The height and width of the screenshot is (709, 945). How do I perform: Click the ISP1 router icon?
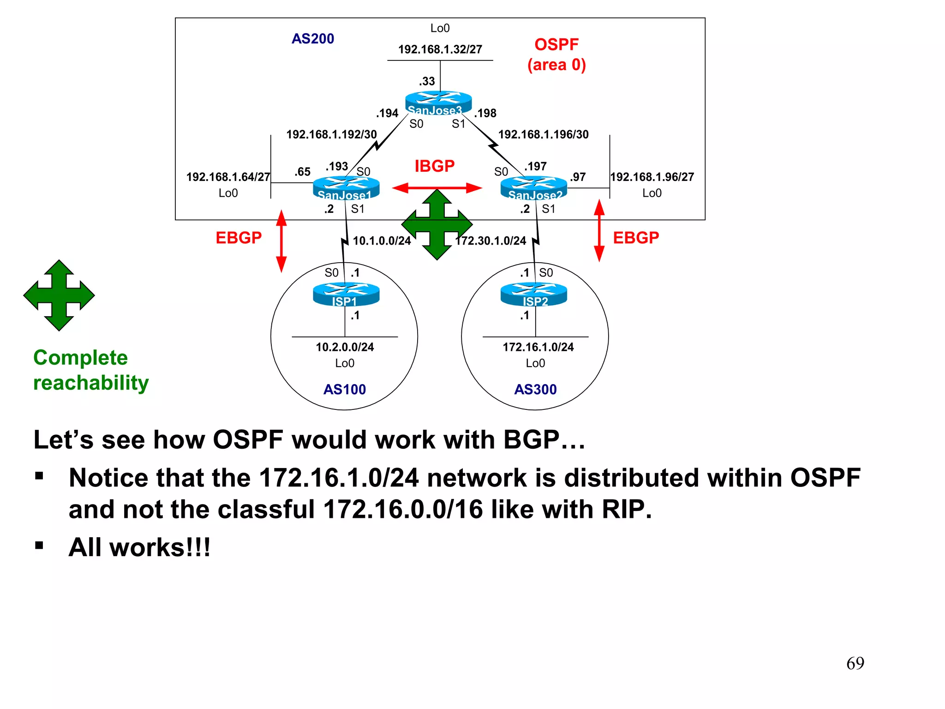pyautogui.click(x=346, y=294)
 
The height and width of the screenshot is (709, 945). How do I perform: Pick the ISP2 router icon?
pyautogui.click(x=534, y=294)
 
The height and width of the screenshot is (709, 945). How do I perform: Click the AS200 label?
pyautogui.click(x=312, y=39)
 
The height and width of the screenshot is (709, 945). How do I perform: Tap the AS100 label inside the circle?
pyautogui.click(x=344, y=390)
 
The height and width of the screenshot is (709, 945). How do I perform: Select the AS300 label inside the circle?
pyautogui.click(x=535, y=390)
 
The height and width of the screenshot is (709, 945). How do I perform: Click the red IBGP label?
pyautogui.click(x=434, y=166)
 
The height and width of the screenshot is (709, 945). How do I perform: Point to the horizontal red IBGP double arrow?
pyautogui.click(x=437, y=188)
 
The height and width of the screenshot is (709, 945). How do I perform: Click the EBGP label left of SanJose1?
pyautogui.click(x=239, y=238)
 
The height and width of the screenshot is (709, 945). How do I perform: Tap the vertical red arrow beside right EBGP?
pyautogui.click(x=599, y=230)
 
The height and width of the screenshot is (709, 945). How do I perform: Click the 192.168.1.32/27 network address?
pyautogui.click(x=440, y=49)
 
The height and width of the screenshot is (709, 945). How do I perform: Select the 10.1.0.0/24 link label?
pyautogui.click(x=382, y=241)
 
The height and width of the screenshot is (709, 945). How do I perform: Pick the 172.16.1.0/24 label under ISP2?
pyautogui.click(x=538, y=347)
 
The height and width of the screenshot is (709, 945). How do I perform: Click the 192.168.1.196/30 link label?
pyautogui.click(x=543, y=134)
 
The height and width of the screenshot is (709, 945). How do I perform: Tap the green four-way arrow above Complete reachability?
pyautogui.click(x=59, y=295)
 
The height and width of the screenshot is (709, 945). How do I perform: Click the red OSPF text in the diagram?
pyautogui.click(x=556, y=45)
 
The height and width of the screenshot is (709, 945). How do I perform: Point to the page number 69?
pyautogui.click(x=855, y=663)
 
